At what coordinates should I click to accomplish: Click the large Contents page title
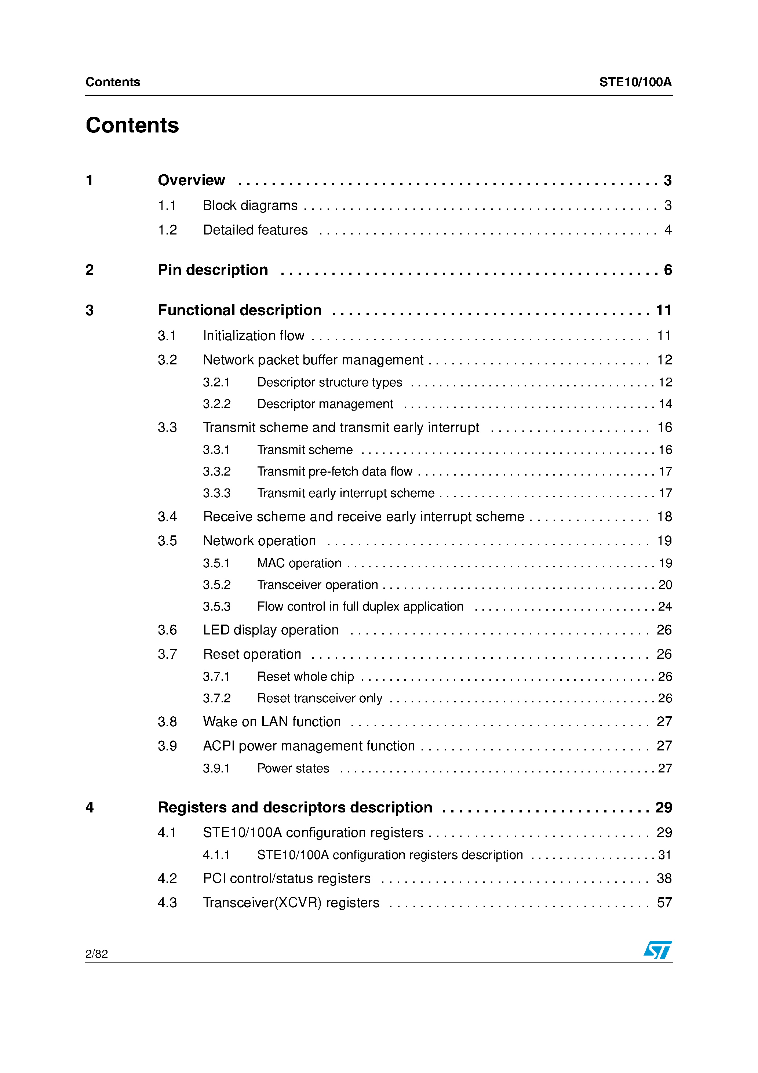(132, 125)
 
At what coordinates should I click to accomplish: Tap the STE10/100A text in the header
(635, 82)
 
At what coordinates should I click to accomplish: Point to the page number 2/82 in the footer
(97, 954)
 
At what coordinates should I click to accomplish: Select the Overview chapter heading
(191, 181)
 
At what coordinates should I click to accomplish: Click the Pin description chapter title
(213, 270)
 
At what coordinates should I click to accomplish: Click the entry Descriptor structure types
(329, 383)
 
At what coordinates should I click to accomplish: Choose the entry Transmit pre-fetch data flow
(335, 472)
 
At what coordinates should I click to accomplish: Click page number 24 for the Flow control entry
(664, 607)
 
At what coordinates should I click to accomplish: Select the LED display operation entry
(270, 630)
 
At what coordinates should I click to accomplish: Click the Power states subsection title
(293, 769)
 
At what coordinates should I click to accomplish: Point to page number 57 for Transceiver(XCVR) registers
(664, 903)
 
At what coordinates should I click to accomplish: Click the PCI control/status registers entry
(287, 879)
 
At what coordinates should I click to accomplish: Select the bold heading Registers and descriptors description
(295, 808)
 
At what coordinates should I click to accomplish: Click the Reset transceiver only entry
(320, 699)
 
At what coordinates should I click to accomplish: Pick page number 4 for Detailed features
(668, 230)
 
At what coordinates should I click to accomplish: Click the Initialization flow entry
(253, 336)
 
